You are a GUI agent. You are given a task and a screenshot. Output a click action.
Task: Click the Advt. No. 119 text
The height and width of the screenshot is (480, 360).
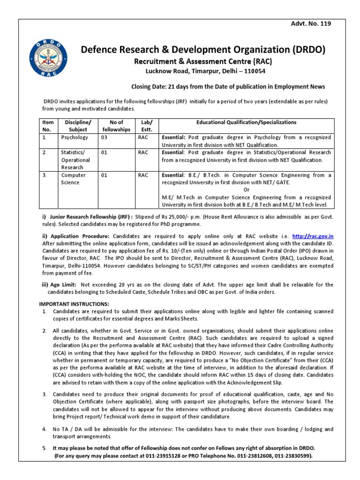coord(312,24)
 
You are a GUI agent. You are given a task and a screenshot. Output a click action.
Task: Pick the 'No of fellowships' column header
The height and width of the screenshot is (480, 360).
coord(115,126)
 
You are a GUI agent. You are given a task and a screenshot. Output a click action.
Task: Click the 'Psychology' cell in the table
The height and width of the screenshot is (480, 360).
coord(75,138)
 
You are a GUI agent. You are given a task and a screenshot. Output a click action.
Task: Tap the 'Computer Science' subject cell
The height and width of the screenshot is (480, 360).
coord(75,179)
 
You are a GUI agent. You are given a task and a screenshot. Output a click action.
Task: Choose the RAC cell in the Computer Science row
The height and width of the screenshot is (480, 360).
coord(143,175)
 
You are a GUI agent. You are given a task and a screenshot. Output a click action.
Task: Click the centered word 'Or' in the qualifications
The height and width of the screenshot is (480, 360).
coord(247,190)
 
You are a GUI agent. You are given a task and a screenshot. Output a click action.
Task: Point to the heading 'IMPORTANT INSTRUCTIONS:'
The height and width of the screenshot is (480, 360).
coord(74,304)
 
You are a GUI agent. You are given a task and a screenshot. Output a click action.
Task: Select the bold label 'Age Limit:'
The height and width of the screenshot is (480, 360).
coord(63,285)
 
